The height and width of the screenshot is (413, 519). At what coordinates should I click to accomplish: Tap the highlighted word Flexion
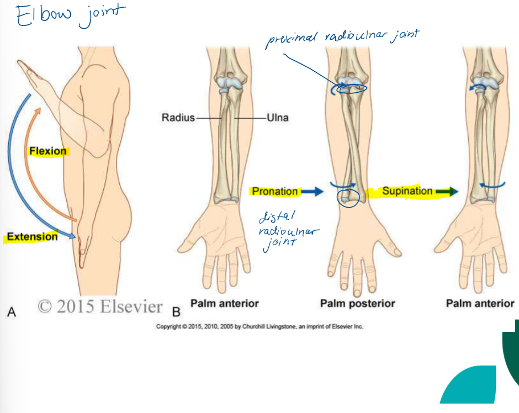pyautogui.click(x=48, y=151)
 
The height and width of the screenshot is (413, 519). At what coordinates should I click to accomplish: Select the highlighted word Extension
pyautogui.click(x=32, y=237)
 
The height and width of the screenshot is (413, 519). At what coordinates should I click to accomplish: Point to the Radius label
pyautogui.click(x=177, y=118)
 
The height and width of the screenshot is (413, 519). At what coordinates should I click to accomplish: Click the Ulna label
pyautogui.click(x=277, y=118)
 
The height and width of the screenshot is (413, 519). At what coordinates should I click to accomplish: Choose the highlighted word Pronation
pyautogui.click(x=274, y=192)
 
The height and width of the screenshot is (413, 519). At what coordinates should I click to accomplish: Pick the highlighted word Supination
pyautogui.click(x=407, y=191)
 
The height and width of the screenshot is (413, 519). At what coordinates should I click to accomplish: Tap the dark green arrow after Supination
pyautogui.click(x=447, y=191)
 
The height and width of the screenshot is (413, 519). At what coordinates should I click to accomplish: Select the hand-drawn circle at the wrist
pyautogui.click(x=348, y=197)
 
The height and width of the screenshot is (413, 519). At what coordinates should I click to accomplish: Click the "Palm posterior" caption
pyautogui.click(x=357, y=303)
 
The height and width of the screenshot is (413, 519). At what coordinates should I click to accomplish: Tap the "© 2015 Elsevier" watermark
pyautogui.click(x=100, y=306)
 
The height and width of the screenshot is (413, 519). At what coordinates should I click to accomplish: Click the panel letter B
pyautogui.click(x=177, y=313)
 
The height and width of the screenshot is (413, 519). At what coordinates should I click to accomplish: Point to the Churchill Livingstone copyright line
pyautogui.click(x=259, y=327)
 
